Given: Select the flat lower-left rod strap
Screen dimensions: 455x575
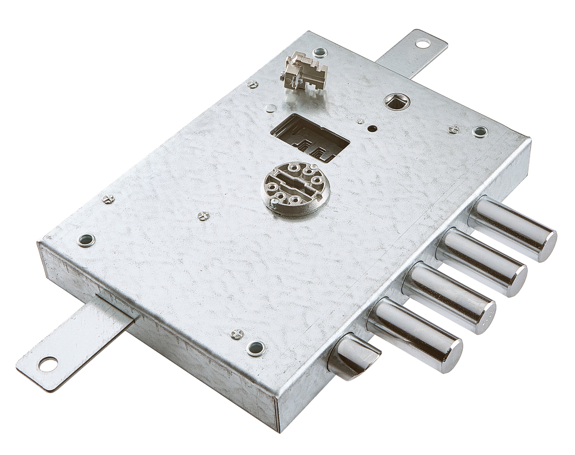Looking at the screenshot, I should pos(77,346).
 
